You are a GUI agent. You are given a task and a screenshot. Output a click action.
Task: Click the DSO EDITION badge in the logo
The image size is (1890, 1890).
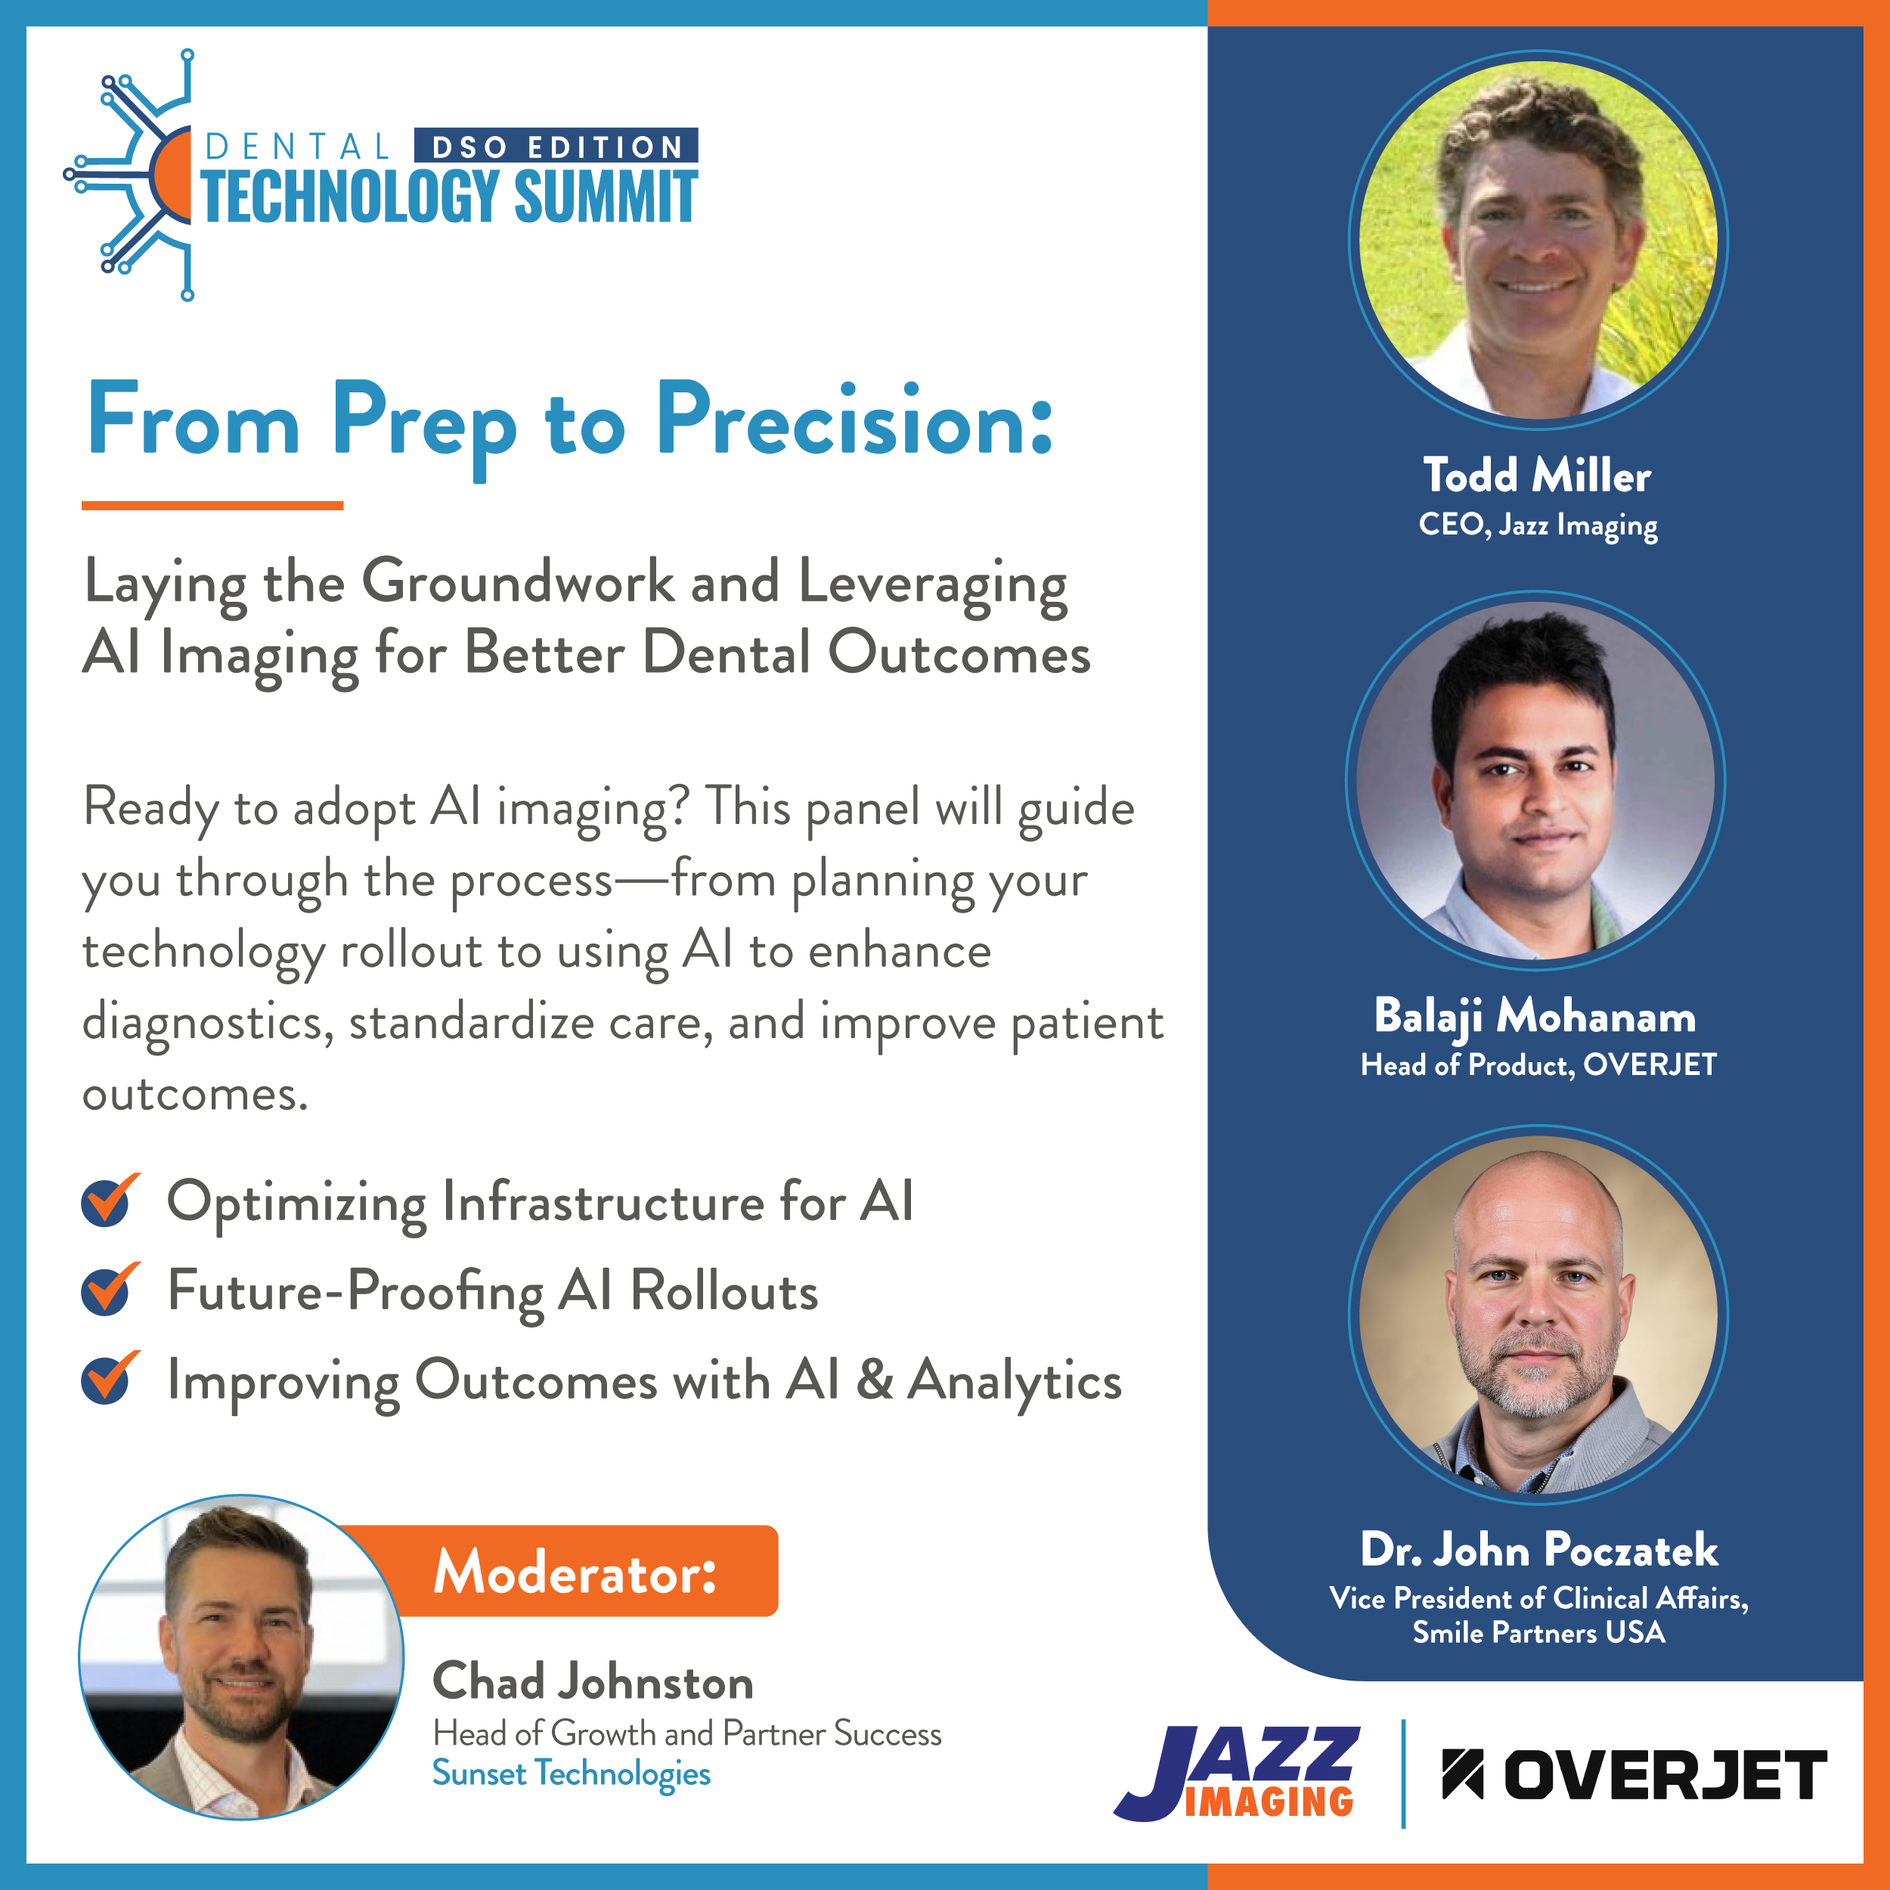click(556, 146)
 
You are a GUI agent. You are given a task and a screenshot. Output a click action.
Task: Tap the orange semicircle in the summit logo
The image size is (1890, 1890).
click(170, 174)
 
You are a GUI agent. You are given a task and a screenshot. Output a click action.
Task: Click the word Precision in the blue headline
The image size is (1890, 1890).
click(854, 423)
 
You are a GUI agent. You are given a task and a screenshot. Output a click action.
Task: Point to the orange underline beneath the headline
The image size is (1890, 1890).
click(212, 505)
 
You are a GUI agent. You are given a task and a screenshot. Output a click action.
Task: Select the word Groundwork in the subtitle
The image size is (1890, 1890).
click(519, 583)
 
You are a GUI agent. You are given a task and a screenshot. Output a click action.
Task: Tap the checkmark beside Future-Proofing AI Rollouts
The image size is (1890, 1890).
click(110, 1288)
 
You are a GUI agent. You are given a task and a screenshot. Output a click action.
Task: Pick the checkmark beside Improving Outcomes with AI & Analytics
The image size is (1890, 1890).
click(110, 1377)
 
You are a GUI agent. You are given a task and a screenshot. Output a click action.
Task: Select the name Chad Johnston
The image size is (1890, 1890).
click(593, 1681)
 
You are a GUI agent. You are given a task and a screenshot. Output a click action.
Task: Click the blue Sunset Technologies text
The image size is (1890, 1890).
click(572, 1774)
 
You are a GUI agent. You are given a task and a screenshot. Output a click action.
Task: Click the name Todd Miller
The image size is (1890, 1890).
click(1537, 476)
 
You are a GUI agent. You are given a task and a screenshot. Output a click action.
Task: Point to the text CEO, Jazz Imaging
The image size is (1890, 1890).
click(1538, 525)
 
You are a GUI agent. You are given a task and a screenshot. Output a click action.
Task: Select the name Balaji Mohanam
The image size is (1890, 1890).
click(1535, 1016)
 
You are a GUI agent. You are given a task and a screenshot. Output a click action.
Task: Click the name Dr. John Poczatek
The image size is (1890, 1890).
click(1538, 1550)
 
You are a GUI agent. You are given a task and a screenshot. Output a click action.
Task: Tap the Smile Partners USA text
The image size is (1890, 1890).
click(1538, 1633)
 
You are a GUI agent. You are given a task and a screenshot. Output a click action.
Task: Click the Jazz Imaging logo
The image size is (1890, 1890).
click(1238, 1774)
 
